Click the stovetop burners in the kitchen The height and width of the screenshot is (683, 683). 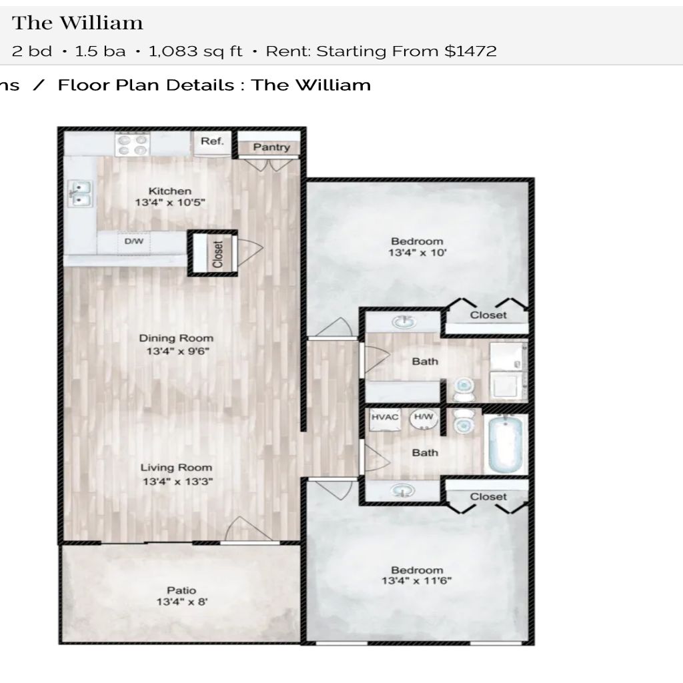(x=132, y=145)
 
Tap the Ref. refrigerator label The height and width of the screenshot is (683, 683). (x=212, y=141)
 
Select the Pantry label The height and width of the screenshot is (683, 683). (x=271, y=147)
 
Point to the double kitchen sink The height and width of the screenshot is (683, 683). (x=80, y=194)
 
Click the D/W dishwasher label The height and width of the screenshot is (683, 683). (x=133, y=241)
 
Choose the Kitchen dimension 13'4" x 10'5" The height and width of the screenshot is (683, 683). (x=170, y=203)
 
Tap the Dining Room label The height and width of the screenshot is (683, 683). (x=176, y=338)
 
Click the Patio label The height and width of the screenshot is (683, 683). (x=181, y=590)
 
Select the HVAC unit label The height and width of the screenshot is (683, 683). (x=385, y=417)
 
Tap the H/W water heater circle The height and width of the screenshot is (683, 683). (x=424, y=419)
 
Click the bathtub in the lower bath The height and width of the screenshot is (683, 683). (x=506, y=444)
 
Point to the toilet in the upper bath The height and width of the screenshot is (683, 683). (x=464, y=389)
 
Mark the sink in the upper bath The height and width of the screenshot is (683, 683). (x=404, y=322)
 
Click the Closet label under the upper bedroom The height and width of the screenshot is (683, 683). (x=488, y=315)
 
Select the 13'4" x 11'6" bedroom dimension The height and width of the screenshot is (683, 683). (x=417, y=581)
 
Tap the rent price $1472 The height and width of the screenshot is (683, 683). (x=470, y=51)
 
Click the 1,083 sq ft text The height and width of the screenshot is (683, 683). (x=195, y=51)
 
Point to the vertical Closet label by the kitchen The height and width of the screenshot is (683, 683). (x=218, y=254)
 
